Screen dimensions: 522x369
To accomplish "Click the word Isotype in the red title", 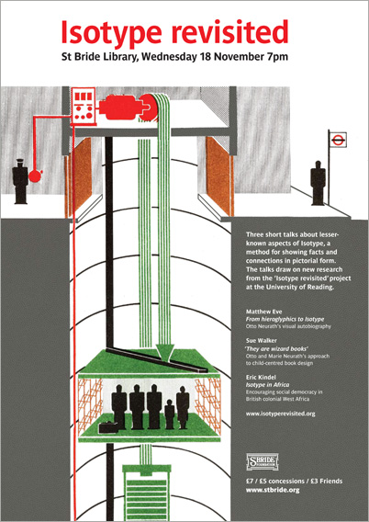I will coord(115,34).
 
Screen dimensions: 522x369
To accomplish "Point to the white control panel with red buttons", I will coord(82,106).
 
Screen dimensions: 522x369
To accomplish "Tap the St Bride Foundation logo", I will coord(263,461).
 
